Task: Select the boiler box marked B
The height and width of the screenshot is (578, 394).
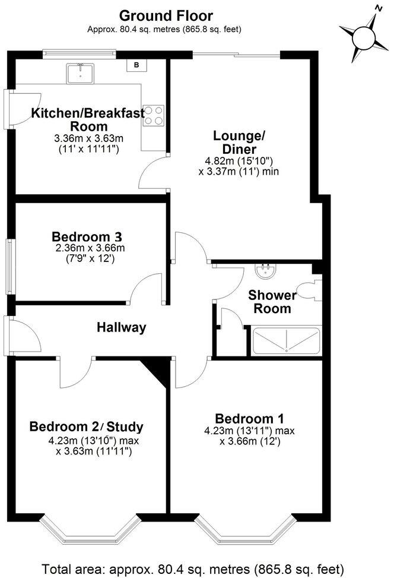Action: (x=136, y=65)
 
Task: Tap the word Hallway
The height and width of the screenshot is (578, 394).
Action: (x=122, y=327)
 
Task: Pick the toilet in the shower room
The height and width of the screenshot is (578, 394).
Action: (x=309, y=291)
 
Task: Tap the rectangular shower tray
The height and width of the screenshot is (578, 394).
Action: (x=287, y=341)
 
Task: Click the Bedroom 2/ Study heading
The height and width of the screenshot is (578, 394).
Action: (x=87, y=427)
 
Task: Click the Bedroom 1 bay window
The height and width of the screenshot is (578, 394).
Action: (x=245, y=532)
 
